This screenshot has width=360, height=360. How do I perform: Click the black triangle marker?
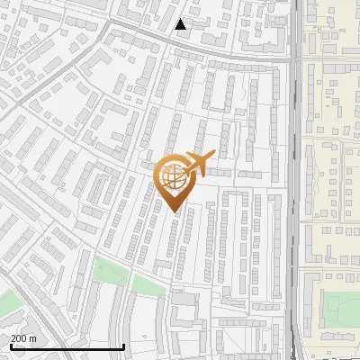pyautogui.click(x=181, y=24)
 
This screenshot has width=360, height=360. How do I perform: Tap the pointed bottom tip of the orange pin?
pyautogui.click(x=174, y=212)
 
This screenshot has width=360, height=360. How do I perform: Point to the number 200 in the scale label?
pyautogui.click(x=18, y=338)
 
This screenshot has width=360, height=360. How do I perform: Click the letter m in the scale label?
pyautogui.click(x=33, y=338)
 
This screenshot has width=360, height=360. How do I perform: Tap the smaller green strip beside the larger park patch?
pyautogui.click(x=146, y=284)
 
